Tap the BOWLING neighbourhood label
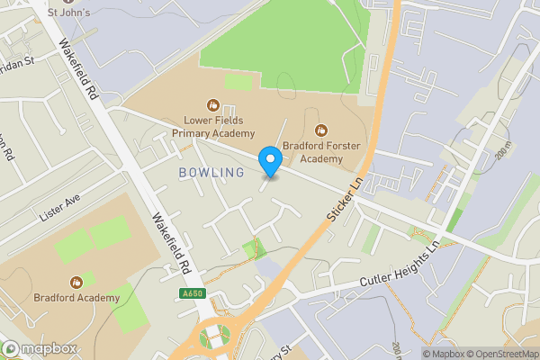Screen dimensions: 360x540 click(211, 172)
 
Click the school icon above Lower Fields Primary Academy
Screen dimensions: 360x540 click(213, 105)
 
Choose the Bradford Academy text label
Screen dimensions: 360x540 click(77, 298)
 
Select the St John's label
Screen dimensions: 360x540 click(67, 13)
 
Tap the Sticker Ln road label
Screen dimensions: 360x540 click(345, 195)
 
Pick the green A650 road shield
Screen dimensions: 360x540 click(192, 293)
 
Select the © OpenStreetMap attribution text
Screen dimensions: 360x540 click(497, 353)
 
